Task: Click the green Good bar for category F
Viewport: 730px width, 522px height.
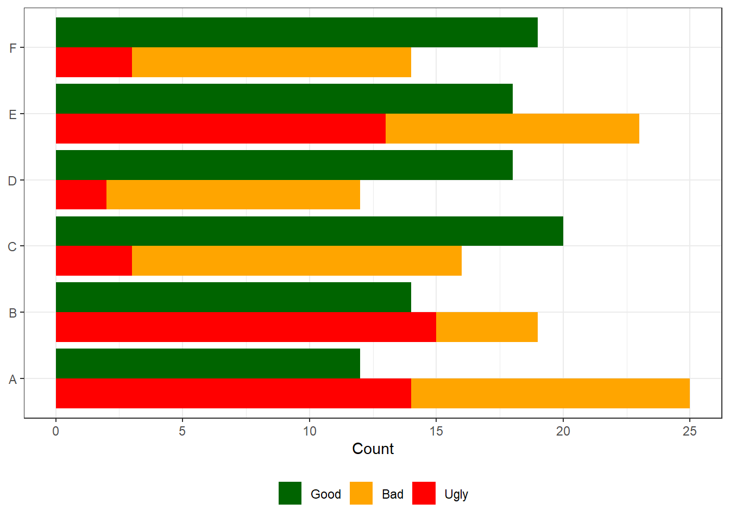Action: [297, 33]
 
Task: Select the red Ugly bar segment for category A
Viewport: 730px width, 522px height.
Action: [234, 393]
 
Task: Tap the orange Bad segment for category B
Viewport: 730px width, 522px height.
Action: [487, 327]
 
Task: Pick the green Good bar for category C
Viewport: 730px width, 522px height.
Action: [310, 231]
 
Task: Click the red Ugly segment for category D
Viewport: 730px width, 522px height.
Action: [81, 195]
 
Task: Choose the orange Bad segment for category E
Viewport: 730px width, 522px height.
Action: [512, 128]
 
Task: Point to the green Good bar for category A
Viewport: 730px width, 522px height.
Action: [208, 363]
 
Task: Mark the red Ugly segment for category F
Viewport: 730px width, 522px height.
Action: [94, 62]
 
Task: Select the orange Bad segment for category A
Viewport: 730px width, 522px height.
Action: [550, 393]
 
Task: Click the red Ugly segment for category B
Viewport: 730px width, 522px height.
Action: [246, 327]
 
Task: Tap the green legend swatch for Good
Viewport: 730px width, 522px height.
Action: [290, 493]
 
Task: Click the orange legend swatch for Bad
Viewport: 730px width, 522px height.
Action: [361, 493]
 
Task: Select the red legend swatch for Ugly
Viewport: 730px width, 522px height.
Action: [424, 493]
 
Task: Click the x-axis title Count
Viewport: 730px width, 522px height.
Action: [373, 449]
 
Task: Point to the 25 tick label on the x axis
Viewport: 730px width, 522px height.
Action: [689, 431]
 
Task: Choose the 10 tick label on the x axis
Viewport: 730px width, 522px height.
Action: [309, 431]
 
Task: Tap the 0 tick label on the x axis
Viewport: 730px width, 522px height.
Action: [56, 431]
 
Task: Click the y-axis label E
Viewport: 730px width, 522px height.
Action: [12, 114]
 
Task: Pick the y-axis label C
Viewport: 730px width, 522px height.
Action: [12, 246]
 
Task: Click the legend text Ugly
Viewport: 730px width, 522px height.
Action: [456, 494]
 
